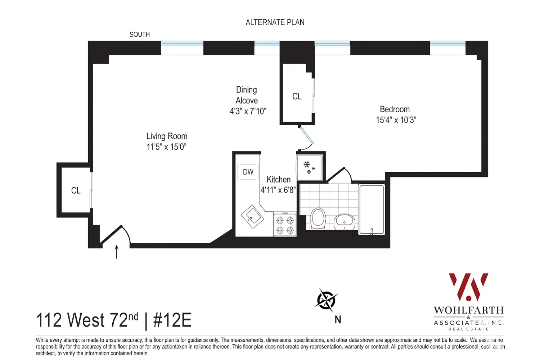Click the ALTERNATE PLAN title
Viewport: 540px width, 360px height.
click(x=275, y=22)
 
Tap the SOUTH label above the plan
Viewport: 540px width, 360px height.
click(x=140, y=35)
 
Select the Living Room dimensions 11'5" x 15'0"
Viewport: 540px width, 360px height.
click(x=166, y=147)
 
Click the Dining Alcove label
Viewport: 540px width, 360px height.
click(x=247, y=95)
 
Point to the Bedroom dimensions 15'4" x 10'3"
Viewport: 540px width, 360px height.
click(x=396, y=120)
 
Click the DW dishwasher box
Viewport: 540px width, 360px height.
click(x=248, y=172)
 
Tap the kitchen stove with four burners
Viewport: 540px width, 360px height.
click(x=285, y=225)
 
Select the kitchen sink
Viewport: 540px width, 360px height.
click(x=252, y=217)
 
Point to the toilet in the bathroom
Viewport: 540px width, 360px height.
click(x=318, y=218)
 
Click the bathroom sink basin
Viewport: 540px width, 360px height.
click(x=345, y=221)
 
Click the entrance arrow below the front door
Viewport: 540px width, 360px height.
click(x=116, y=252)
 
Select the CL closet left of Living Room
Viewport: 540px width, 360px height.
click(x=76, y=190)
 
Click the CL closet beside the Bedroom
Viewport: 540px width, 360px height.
click(x=297, y=96)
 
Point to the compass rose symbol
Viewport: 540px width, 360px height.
click(x=326, y=300)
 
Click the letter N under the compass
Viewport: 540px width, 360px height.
click(x=338, y=320)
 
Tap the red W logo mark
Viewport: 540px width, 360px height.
click(x=468, y=287)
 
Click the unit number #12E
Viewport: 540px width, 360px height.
click(x=172, y=320)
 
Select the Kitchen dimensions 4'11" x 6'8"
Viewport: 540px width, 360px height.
click(x=278, y=190)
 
